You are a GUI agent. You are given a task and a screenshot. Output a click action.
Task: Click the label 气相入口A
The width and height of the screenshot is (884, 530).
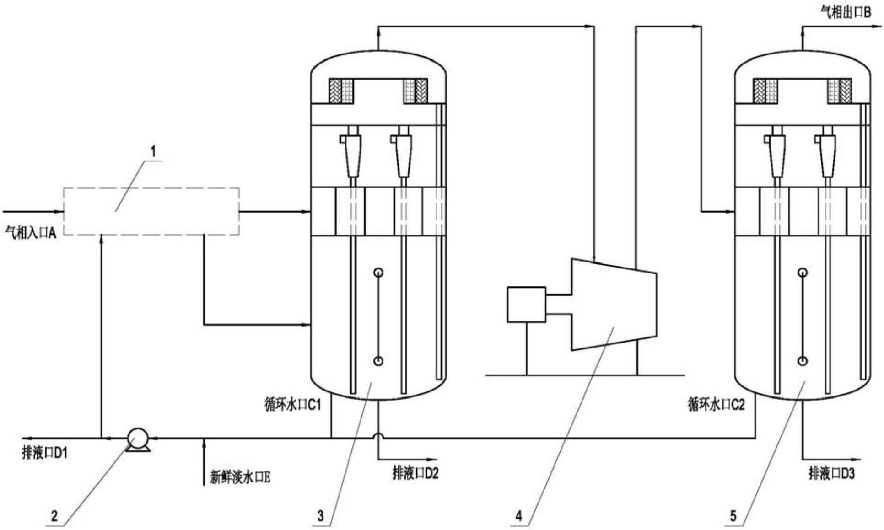(x=31, y=233)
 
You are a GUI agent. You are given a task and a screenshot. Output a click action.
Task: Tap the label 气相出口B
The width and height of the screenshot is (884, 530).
(x=845, y=13)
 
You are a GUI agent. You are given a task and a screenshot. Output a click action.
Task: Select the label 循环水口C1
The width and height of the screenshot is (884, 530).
(x=293, y=404)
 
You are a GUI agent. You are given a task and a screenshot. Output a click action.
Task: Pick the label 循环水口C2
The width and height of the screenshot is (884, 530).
(x=716, y=404)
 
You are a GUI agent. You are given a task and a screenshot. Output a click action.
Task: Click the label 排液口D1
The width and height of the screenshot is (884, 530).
(x=45, y=453)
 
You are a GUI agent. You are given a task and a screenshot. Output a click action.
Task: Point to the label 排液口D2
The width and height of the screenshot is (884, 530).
(x=415, y=473)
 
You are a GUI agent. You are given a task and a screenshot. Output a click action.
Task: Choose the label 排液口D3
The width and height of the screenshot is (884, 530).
(x=831, y=473)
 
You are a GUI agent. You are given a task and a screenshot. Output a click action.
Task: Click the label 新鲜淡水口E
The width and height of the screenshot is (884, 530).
(x=240, y=477)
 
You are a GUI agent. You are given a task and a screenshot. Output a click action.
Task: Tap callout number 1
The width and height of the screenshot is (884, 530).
(x=153, y=151)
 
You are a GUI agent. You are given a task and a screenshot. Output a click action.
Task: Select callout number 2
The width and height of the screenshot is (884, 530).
(x=54, y=516)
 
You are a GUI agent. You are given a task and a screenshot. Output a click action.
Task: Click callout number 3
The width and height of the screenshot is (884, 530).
(x=320, y=516)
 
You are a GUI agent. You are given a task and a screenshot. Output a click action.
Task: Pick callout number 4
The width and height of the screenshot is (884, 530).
(x=518, y=516)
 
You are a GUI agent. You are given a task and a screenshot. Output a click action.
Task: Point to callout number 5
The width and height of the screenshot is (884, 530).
(x=733, y=516)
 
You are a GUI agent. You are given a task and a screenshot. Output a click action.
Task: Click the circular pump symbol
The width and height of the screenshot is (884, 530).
(x=138, y=438)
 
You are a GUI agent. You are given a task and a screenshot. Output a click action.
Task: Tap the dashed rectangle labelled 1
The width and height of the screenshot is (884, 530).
(x=151, y=211)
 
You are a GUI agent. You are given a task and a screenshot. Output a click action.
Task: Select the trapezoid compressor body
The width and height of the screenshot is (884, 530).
(x=613, y=305)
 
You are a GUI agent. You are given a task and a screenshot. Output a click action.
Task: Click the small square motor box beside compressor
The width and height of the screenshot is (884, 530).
(x=526, y=305)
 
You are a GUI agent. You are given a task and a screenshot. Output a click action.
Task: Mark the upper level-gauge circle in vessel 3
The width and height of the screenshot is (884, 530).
(x=378, y=273)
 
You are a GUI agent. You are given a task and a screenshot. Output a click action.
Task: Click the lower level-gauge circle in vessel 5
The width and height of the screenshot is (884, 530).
(x=802, y=361)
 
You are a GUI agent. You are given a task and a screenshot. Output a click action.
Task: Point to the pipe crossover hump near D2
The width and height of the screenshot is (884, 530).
(x=378, y=436)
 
